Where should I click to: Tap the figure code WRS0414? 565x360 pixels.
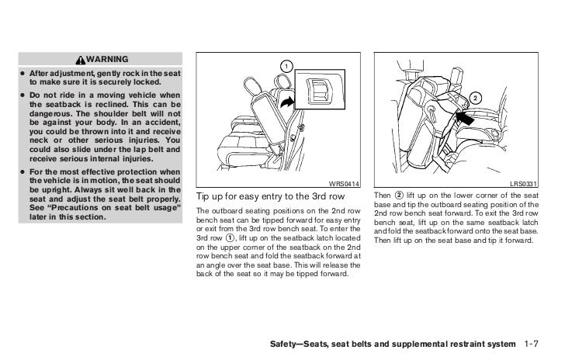pyautogui.click(x=343, y=183)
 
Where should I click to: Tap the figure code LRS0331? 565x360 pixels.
pyautogui.click(x=525, y=183)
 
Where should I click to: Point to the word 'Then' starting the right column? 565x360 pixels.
pyautogui.click(x=383, y=194)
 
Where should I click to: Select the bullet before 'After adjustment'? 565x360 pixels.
pyautogui.click(x=23, y=73)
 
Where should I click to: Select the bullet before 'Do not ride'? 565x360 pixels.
pyautogui.click(x=23, y=94)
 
